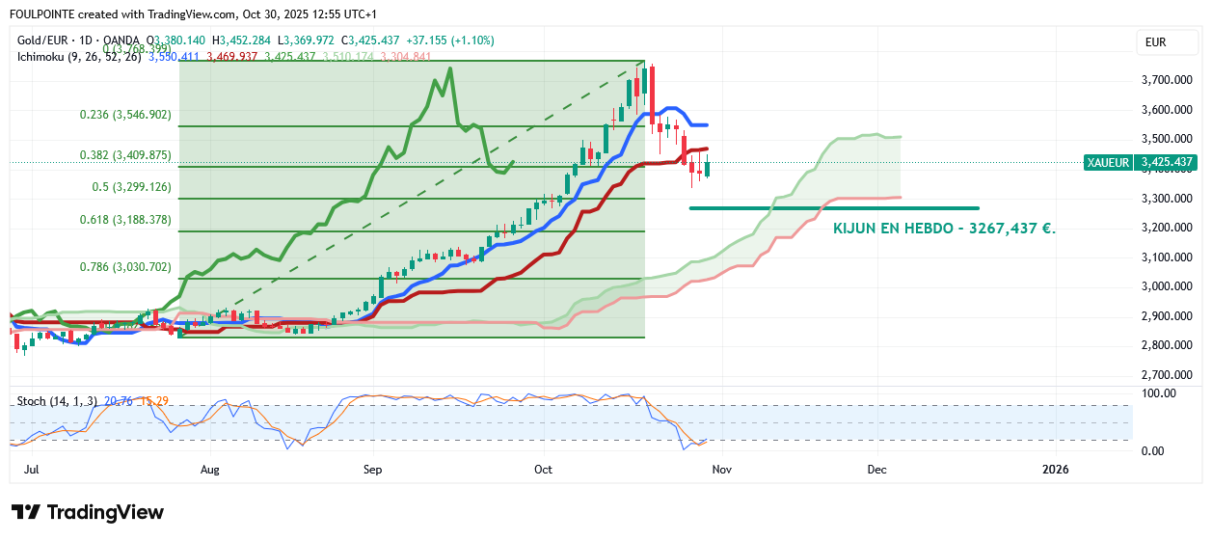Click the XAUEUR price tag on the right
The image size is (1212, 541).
[x=1108, y=162]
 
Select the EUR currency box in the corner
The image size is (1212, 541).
[x=1155, y=41]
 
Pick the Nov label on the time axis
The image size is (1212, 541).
[x=722, y=469]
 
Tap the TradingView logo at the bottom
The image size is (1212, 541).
[x=87, y=512]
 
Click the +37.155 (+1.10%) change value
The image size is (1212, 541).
[x=457, y=41]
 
